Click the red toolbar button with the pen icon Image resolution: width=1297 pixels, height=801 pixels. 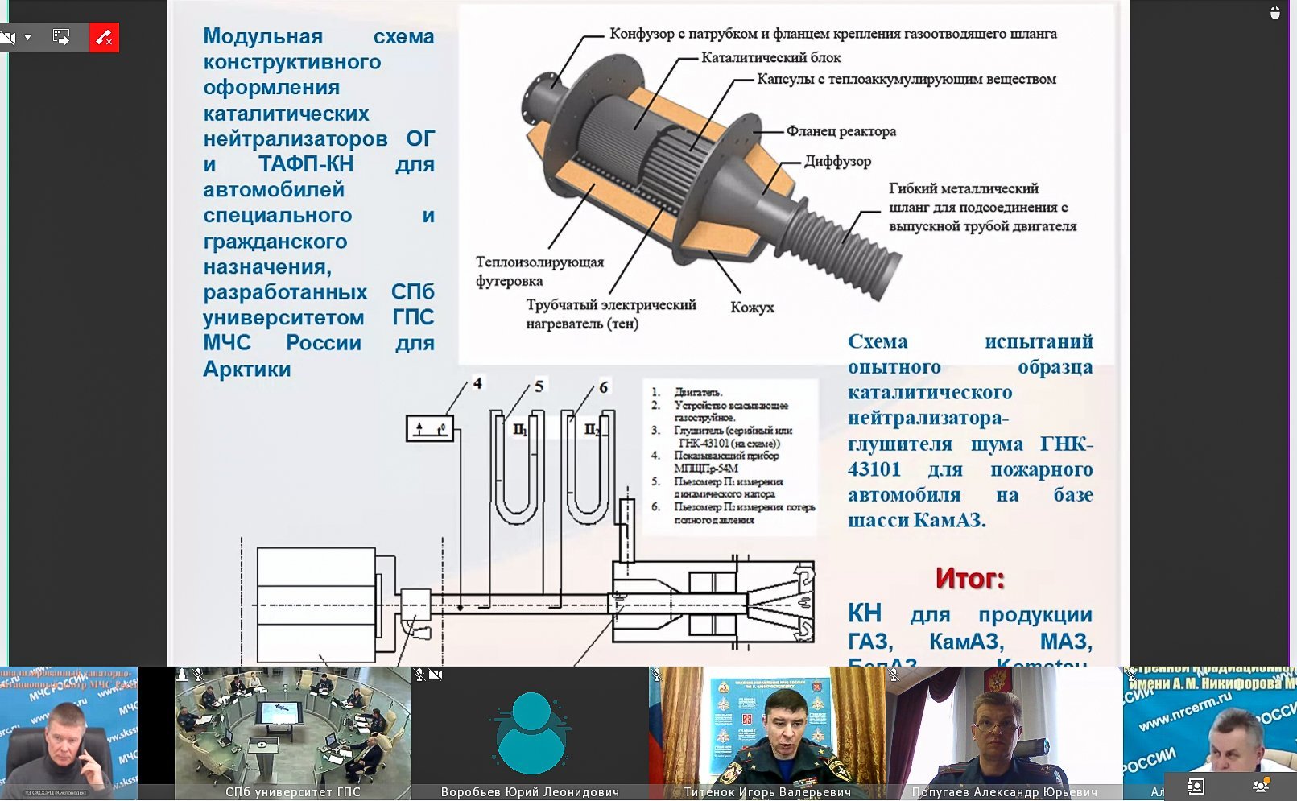104,37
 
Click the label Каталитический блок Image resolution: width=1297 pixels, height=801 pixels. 770,58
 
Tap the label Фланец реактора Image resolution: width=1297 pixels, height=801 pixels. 841,131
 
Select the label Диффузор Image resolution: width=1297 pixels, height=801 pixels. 837,161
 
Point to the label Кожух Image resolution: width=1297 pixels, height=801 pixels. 752,308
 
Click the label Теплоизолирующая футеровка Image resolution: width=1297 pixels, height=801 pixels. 539,271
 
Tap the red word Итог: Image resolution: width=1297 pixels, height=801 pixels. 969,578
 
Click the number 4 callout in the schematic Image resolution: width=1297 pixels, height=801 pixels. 477,383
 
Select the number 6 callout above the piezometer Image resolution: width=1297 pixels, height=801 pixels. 603,387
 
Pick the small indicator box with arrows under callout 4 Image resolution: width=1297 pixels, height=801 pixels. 429,428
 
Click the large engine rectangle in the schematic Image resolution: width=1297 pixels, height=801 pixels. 316,604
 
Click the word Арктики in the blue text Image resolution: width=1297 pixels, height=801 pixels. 246,370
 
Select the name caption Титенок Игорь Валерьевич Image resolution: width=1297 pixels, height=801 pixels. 766,792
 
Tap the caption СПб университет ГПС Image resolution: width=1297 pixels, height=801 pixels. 293,792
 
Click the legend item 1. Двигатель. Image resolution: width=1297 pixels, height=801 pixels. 691,392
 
